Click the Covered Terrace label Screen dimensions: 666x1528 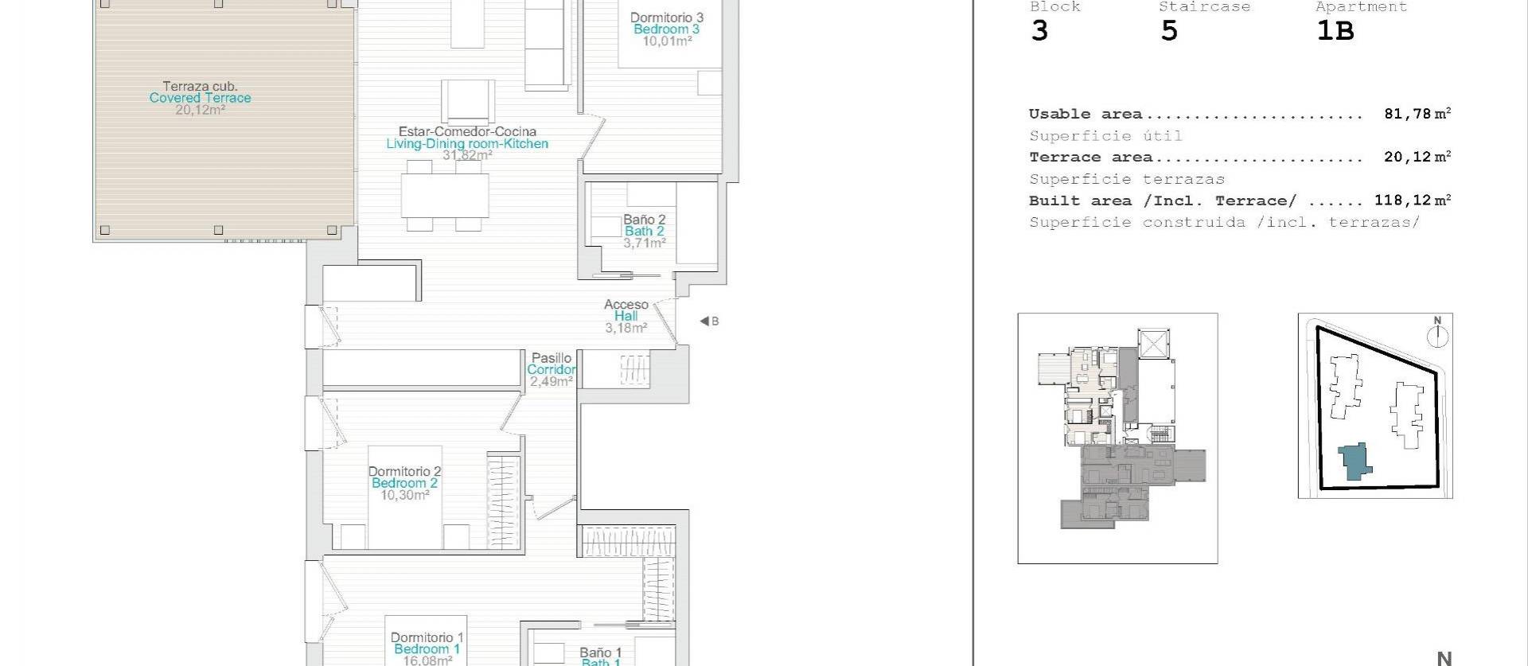coord(200,98)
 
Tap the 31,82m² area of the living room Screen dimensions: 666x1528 coord(467,155)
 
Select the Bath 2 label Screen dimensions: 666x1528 coord(644,232)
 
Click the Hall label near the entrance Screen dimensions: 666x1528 coord(626,316)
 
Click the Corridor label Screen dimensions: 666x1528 coord(551,370)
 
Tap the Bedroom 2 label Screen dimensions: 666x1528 coord(404,483)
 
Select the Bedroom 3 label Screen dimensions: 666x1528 coord(666,29)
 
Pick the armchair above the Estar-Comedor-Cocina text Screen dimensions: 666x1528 coord(468,102)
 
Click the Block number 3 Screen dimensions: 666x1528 coord(1039,31)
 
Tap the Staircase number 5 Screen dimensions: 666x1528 coord(1168,31)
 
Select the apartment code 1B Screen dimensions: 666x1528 coord(1335,31)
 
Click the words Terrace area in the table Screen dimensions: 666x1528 coord(1090,158)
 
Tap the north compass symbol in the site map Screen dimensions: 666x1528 coord(1437,335)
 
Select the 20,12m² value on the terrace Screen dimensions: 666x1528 coord(200,110)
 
